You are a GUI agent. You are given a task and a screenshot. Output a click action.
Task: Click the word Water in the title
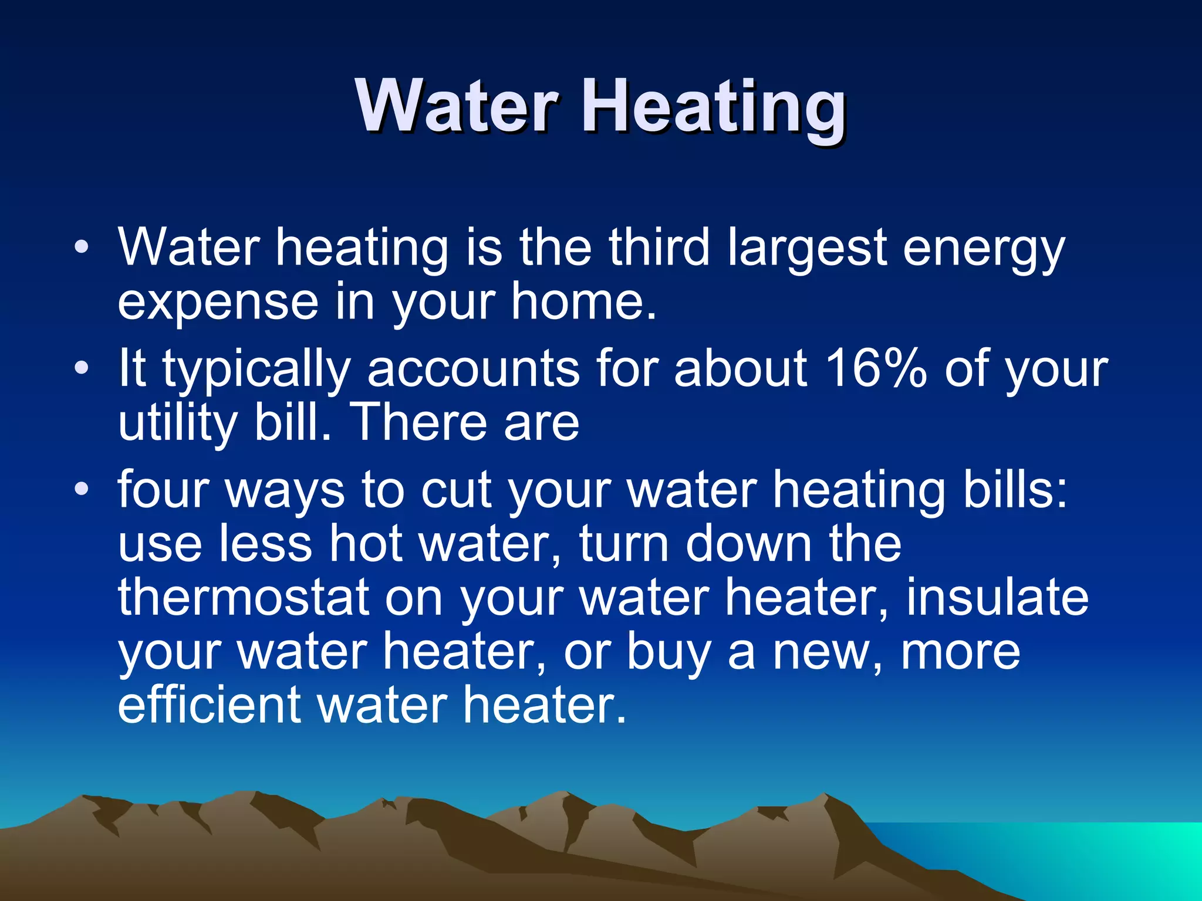point(457,107)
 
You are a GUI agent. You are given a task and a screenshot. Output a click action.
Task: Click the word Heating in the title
point(713,109)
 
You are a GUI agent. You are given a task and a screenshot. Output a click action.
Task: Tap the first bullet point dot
point(82,246)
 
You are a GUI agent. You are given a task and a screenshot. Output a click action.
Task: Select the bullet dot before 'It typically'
point(82,368)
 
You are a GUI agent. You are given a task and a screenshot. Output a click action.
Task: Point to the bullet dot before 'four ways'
point(82,488)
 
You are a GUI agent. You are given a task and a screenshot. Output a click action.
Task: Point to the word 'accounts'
point(473,370)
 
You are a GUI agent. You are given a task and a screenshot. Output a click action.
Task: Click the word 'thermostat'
point(244,597)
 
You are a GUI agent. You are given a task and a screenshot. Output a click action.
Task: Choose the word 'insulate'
point(997,597)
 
